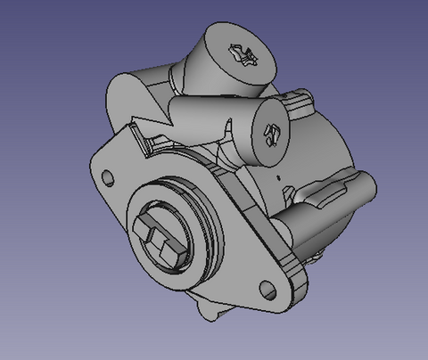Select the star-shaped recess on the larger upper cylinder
click(242, 55)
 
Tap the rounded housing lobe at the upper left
click(129, 94)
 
